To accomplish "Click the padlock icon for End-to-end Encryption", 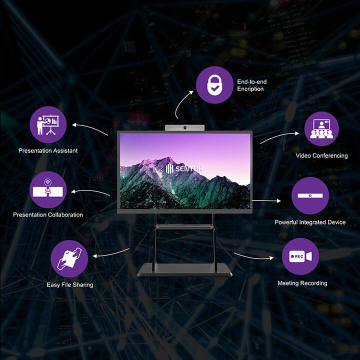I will point(214,85).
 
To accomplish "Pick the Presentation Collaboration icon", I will point(48,190).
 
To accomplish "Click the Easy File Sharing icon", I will point(69,258).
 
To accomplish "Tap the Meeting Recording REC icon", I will point(300,256).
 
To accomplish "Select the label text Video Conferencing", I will point(321,155).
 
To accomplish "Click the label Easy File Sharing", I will point(70,285).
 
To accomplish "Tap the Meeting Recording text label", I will point(302,283).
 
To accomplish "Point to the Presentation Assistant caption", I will point(48,150).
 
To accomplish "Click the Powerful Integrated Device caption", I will point(310,222).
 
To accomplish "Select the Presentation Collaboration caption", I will point(48,215).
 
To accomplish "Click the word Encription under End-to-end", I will point(250,89).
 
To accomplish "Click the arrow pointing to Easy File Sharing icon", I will point(111,253).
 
